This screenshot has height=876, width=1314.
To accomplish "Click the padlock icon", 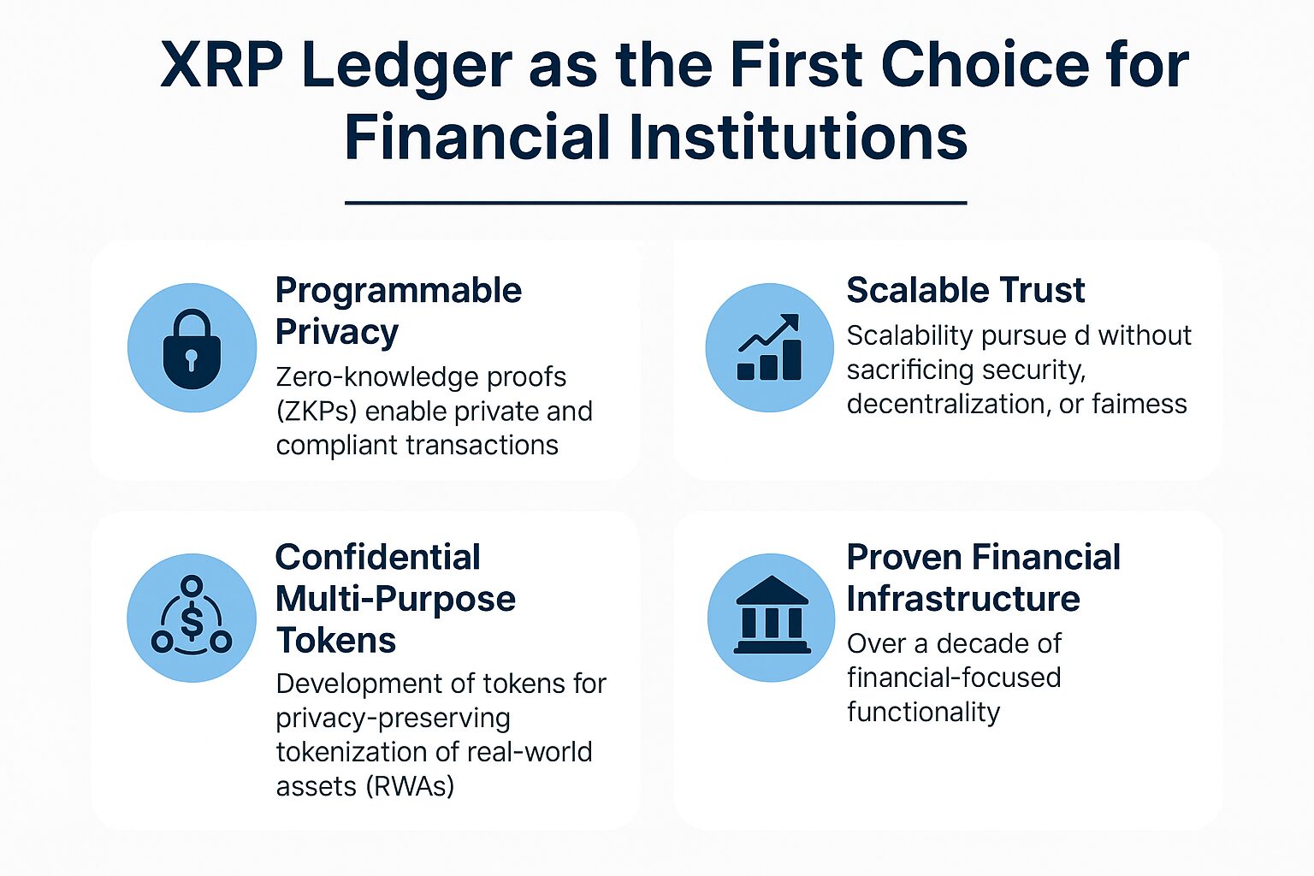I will point(192,349).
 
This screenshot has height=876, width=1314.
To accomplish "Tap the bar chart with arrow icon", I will point(769,348).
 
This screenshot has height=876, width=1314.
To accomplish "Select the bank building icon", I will point(772,616).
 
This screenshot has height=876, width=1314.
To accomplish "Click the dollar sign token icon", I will point(192,618).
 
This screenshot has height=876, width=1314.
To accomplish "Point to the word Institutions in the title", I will point(799,138).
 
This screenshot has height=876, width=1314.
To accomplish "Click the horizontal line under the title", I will point(655,203).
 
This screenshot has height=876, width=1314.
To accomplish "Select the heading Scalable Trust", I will point(965,291).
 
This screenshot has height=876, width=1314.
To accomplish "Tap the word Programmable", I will point(398,291).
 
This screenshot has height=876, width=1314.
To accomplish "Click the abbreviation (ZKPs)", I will point(316,411).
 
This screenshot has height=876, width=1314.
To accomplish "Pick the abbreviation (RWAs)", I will point(409,785).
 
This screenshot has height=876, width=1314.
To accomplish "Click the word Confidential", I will point(377,558).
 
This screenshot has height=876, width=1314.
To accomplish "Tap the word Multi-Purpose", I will point(395,599).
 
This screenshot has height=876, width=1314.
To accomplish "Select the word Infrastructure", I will point(962,599).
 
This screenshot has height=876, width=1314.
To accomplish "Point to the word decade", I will point(974,643).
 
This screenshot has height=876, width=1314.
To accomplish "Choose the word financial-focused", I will point(954,678).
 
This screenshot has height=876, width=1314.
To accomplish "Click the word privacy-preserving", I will point(393,718).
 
